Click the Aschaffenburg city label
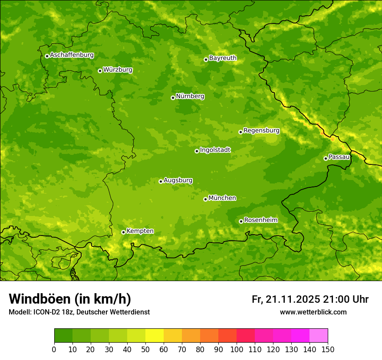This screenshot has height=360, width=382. pyautogui.click(x=72, y=55)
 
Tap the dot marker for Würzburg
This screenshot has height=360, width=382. pyautogui.click(x=100, y=71)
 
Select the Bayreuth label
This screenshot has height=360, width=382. pyautogui.click(x=223, y=58)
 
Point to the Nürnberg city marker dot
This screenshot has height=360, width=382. pyautogui.click(x=173, y=98)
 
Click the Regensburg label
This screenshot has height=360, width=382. pyautogui.click(x=261, y=130)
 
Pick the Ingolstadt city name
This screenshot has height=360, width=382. pyautogui.click(x=215, y=150)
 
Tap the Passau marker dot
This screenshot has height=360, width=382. pyautogui.click(x=326, y=158)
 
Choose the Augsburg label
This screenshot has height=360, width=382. pyautogui.click(x=178, y=180)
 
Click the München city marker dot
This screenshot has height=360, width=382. pyautogui.click(x=205, y=199)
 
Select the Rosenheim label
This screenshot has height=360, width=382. pyautogui.click(x=260, y=220)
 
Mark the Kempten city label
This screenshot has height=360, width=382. pyautogui.click(x=140, y=231)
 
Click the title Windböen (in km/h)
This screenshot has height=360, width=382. pyautogui.click(x=69, y=299)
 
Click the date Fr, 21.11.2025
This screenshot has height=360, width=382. pyautogui.click(x=286, y=299)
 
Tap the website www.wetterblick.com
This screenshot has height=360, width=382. pyautogui.click(x=313, y=312)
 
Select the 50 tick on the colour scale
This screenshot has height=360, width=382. pyautogui.click(x=145, y=349)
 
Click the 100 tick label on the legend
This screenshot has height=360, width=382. pyautogui.click(x=236, y=349)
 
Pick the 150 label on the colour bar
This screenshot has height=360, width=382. pyautogui.click(x=327, y=349)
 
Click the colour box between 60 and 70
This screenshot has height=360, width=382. pyautogui.click(x=172, y=336)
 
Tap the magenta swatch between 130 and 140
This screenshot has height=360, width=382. pyautogui.click(x=300, y=336)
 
